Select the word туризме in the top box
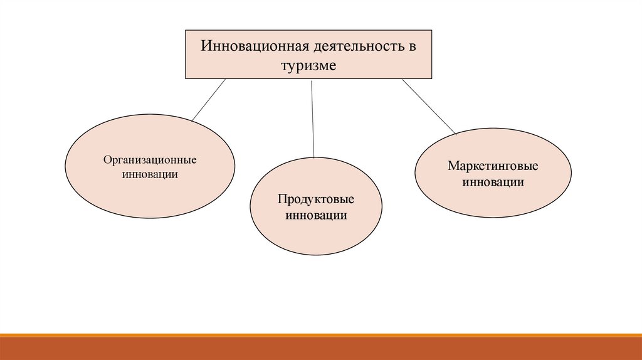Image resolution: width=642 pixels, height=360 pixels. point(308,65)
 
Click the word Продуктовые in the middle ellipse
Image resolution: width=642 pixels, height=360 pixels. point(317,199)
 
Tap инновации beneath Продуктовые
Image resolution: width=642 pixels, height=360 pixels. point(317,215)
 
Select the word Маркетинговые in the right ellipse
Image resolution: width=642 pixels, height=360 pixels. point(493,167)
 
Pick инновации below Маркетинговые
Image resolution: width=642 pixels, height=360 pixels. point(493,183)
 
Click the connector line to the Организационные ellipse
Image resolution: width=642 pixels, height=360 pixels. point(208,99)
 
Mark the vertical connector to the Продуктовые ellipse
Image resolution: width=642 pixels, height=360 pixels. point(312,119)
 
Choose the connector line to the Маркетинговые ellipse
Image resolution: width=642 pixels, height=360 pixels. point(429,107)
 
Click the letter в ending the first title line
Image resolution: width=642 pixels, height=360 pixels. point(412,46)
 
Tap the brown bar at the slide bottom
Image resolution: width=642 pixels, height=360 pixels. point(321,347)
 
